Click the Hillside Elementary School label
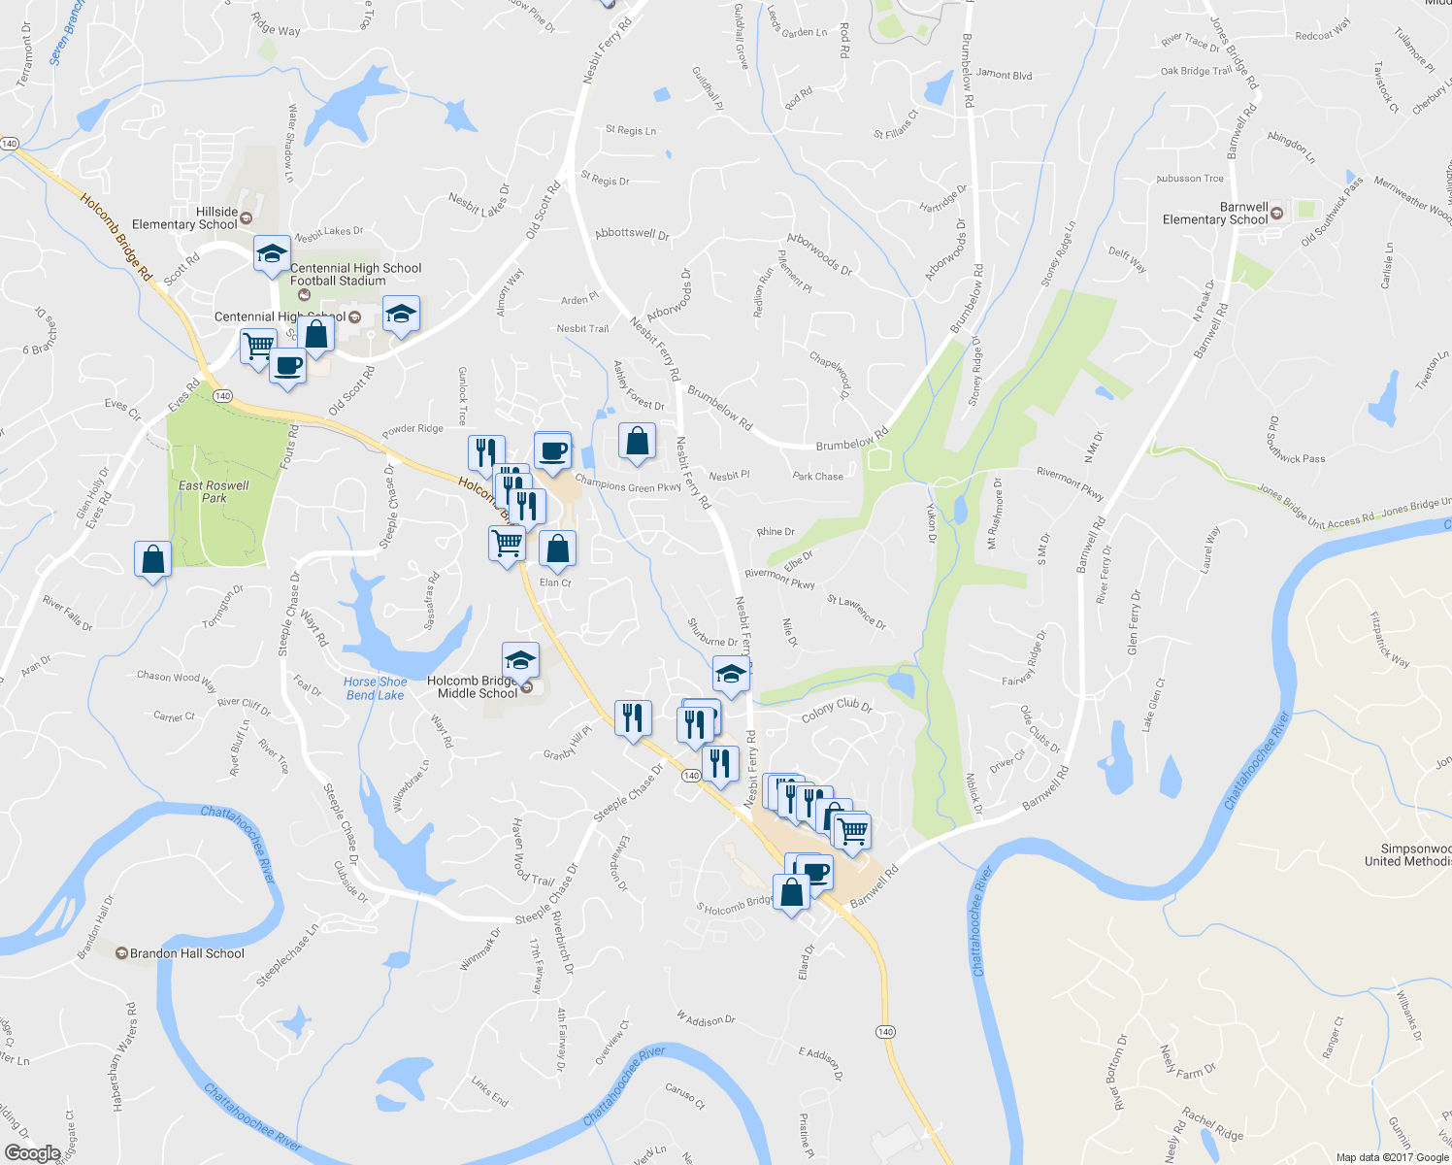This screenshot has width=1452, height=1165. click(184, 218)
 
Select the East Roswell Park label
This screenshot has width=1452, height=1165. click(214, 491)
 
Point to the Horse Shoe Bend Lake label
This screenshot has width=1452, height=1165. click(376, 688)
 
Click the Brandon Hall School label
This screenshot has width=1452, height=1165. click(186, 953)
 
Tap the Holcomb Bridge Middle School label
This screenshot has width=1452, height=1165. click(477, 687)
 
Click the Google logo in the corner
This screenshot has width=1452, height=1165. click(32, 1153)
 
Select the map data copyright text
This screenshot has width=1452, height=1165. click(1392, 1157)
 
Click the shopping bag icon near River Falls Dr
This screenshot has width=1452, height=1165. click(152, 560)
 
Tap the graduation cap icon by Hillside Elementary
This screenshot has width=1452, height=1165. click(272, 254)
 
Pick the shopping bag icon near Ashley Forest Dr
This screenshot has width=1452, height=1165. click(637, 442)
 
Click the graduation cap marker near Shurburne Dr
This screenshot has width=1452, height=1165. click(731, 674)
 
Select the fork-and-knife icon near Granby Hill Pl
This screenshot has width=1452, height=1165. click(633, 718)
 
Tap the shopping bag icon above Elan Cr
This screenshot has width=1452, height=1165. click(558, 549)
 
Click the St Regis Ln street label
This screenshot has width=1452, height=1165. click(631, 130)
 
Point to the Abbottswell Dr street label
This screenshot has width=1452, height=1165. click(632, 234)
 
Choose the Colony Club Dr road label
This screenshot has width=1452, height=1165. click(837, 711)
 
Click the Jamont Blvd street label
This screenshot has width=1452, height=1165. click(1004, 75)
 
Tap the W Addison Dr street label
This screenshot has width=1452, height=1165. click(706, 1019)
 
